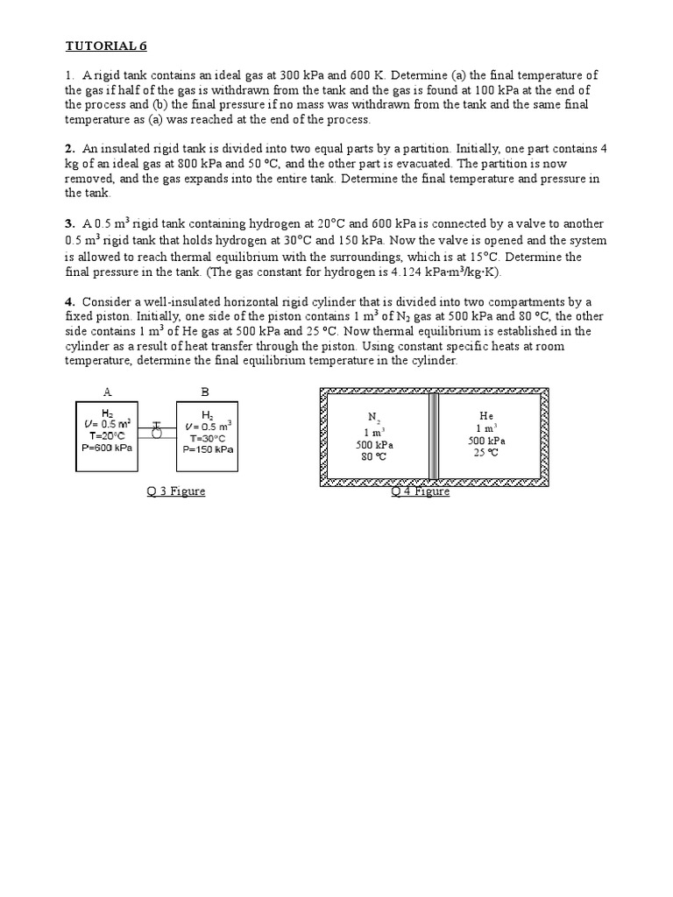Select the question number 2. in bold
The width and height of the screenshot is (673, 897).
tap(70, 149)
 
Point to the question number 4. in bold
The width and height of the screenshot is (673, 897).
tap(70, 302)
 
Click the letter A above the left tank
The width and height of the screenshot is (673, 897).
tap(107, 393)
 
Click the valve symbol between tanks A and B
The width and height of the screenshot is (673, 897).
tap(157, 429)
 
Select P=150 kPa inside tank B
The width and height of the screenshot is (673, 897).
tap(208, 449)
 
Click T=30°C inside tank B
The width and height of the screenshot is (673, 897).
tap(208, 438)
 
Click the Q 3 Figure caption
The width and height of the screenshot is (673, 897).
tap(176, 491)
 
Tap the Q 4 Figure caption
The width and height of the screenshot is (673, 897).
tap(420, 491)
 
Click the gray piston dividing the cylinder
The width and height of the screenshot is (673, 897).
tap(433, 435)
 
